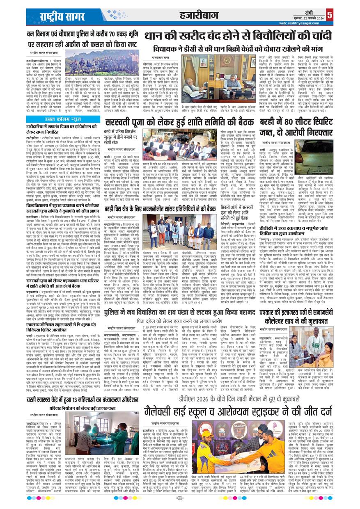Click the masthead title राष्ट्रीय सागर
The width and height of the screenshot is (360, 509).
(x=61, y=17)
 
